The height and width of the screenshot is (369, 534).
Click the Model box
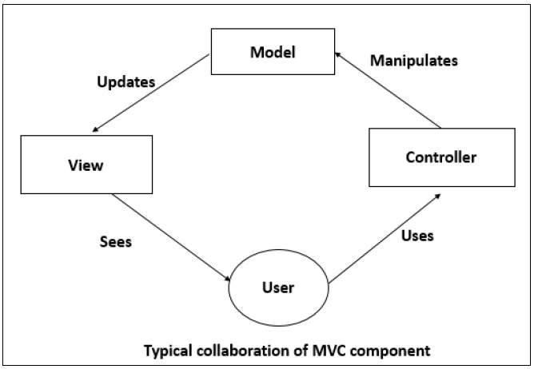pyautogui.click(x=273, y=52)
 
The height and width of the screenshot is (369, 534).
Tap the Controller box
pyautogui.click(x=440, y=157)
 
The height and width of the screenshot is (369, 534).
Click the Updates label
pyautogui.click(x=125, y=82)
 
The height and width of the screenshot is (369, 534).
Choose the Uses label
pyautogui.click(x=417, y=236)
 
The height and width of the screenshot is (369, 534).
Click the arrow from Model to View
pyautogui.click(x=153, y=101)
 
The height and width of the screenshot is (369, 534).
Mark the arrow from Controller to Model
pyautogui.click(x=388, y=89)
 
